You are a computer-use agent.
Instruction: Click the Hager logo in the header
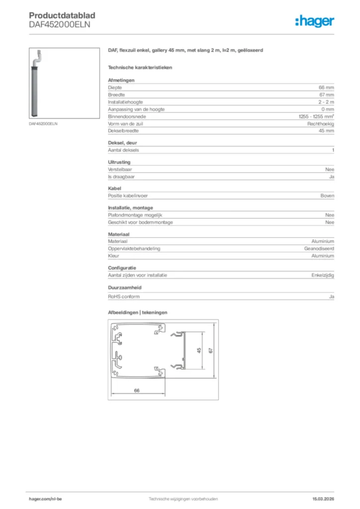coord(315,21)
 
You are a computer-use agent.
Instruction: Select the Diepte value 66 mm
coord(326,87)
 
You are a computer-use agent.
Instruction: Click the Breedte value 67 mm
coord(326,94)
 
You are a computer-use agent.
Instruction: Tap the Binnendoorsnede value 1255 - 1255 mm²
coord(313,116)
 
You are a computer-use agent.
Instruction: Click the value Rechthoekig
coord(321,123)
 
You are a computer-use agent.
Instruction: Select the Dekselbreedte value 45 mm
coord(326,131)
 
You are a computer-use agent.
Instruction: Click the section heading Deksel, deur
coord(122,143)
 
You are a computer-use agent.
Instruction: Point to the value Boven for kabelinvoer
coord(327,195)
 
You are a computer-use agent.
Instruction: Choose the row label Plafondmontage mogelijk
coord(135,215)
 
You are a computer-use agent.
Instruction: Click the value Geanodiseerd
coord(319,248)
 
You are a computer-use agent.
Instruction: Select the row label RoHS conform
coord(124,296)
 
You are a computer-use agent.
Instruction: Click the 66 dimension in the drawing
coord(137,391)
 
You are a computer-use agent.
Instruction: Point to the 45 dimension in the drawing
coord(199,351)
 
